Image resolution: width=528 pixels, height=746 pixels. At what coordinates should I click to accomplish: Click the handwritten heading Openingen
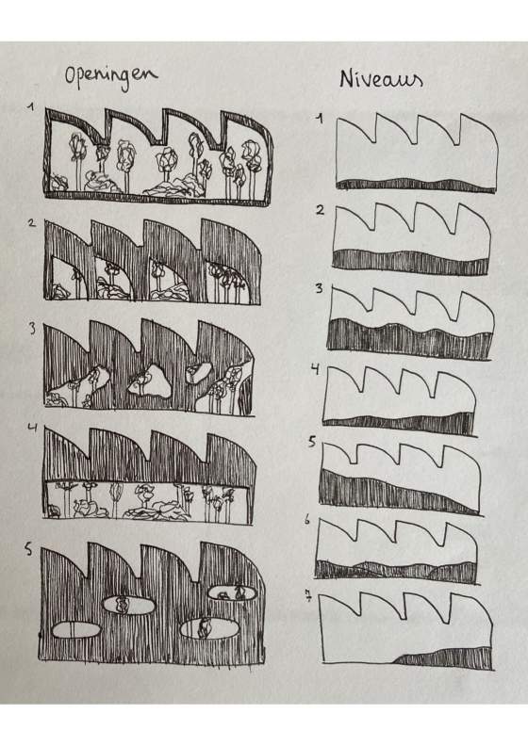click(x=111, y=78)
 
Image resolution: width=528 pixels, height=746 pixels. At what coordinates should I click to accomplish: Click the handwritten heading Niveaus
click(x=381, y=79)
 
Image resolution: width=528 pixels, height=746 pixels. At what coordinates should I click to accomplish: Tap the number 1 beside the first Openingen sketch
click(x=31, y=107)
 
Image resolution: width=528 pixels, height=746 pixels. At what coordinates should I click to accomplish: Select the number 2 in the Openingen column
click(x=32, y=222)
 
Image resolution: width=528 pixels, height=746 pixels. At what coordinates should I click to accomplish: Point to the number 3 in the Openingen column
click(x=32, y=329)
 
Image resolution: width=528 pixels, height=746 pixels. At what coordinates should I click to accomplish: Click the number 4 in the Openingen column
click(x=32, y=427)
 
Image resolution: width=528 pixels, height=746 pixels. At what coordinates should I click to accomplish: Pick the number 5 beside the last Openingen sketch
click(x=29, y=548)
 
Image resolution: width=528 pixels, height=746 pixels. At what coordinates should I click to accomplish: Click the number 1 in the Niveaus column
click(x=320, y=119)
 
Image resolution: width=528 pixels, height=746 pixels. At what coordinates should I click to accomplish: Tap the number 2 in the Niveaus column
click(x=320, y=210)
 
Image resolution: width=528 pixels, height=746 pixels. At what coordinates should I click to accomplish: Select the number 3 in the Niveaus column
click(x=319, y=288)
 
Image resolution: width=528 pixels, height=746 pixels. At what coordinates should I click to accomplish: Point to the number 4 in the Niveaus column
click(x=315, y=369)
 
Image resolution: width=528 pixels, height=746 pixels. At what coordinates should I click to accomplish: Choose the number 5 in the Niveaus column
click(x=312, y=442)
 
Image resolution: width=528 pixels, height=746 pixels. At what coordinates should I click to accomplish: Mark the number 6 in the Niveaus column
click(x=307, y=520)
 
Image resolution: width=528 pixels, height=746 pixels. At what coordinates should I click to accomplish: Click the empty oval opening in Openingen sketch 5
click(x=75, y=629)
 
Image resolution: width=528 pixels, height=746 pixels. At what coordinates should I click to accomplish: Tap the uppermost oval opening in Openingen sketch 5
click(x=232, y=593)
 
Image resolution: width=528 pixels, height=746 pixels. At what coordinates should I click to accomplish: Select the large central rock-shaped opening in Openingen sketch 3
click(x=150, y=381)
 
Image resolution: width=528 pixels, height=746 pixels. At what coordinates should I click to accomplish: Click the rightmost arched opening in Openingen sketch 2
click(x=233, y=282)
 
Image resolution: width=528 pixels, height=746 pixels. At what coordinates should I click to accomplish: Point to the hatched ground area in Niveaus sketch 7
click(x=444, y=658)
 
